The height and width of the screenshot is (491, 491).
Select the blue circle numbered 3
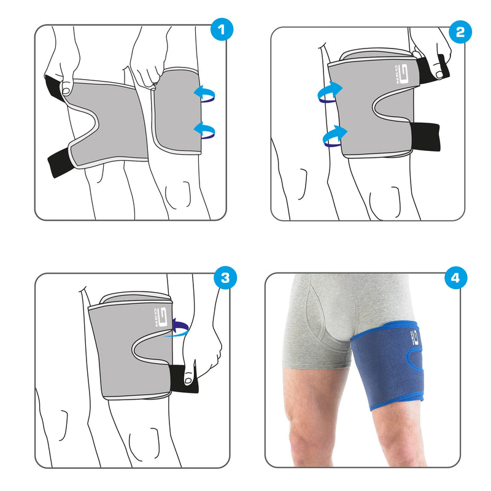(x=225, y=277)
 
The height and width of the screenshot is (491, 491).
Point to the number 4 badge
(x=455, y=277)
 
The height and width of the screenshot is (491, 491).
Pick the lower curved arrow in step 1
(x=204, y=129)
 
